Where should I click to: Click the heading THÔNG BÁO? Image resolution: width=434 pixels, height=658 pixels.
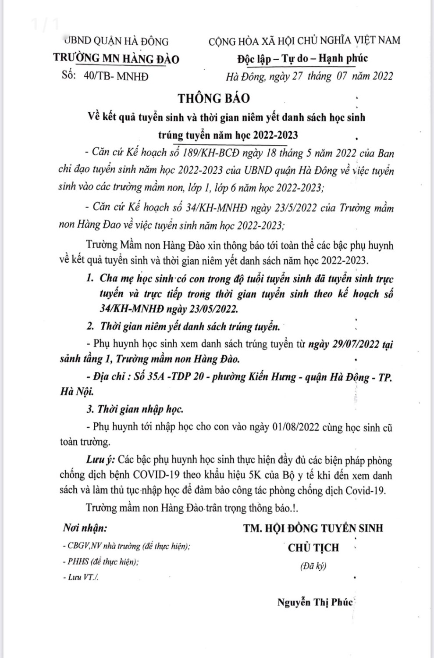[x=214, y=98]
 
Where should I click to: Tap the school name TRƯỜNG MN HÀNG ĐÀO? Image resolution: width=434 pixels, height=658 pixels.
[x=116, y=59]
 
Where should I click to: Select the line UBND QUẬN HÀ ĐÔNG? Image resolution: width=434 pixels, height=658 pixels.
[x=116, y=41]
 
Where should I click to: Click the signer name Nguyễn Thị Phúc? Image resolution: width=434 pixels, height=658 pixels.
[x=315, y=602]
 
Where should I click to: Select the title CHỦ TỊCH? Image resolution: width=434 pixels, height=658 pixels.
[x=313, y=547]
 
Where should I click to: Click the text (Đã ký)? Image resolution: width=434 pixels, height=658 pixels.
[x=313, y=566]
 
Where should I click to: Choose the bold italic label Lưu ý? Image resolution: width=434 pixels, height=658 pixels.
[x=101, y=460]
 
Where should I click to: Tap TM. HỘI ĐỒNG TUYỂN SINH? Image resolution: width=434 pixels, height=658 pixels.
[x=313, y=528]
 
